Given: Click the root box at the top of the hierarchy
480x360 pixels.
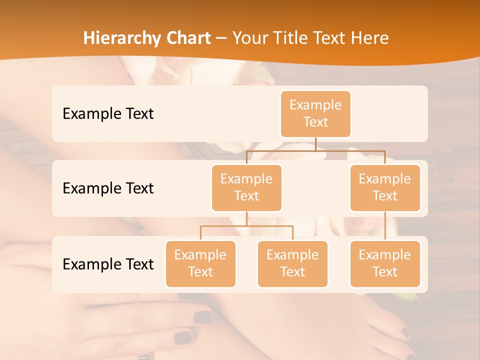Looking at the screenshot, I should (315, 114).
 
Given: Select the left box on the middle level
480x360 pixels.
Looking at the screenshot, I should (246, 188).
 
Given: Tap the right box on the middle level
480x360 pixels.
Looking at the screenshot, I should (385, 188).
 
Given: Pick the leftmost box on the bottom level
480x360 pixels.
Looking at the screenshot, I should (200, 264).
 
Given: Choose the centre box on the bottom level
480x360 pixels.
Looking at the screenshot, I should (292, 264).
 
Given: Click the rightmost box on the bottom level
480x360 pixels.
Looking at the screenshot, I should (385, 264).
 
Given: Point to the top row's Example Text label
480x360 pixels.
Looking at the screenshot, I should (108, 114).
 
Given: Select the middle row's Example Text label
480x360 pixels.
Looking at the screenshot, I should (108, 188).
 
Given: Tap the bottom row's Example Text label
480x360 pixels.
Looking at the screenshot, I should (108, 264).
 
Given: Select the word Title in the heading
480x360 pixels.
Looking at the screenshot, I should (291, 38).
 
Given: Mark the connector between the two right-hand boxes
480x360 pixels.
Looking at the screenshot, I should (385, 226).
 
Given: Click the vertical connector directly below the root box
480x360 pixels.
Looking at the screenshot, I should (315, 144).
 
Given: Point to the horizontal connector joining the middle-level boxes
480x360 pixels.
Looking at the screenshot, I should (315, 150).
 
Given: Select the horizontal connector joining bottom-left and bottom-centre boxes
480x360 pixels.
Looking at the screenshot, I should (246, 226).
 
